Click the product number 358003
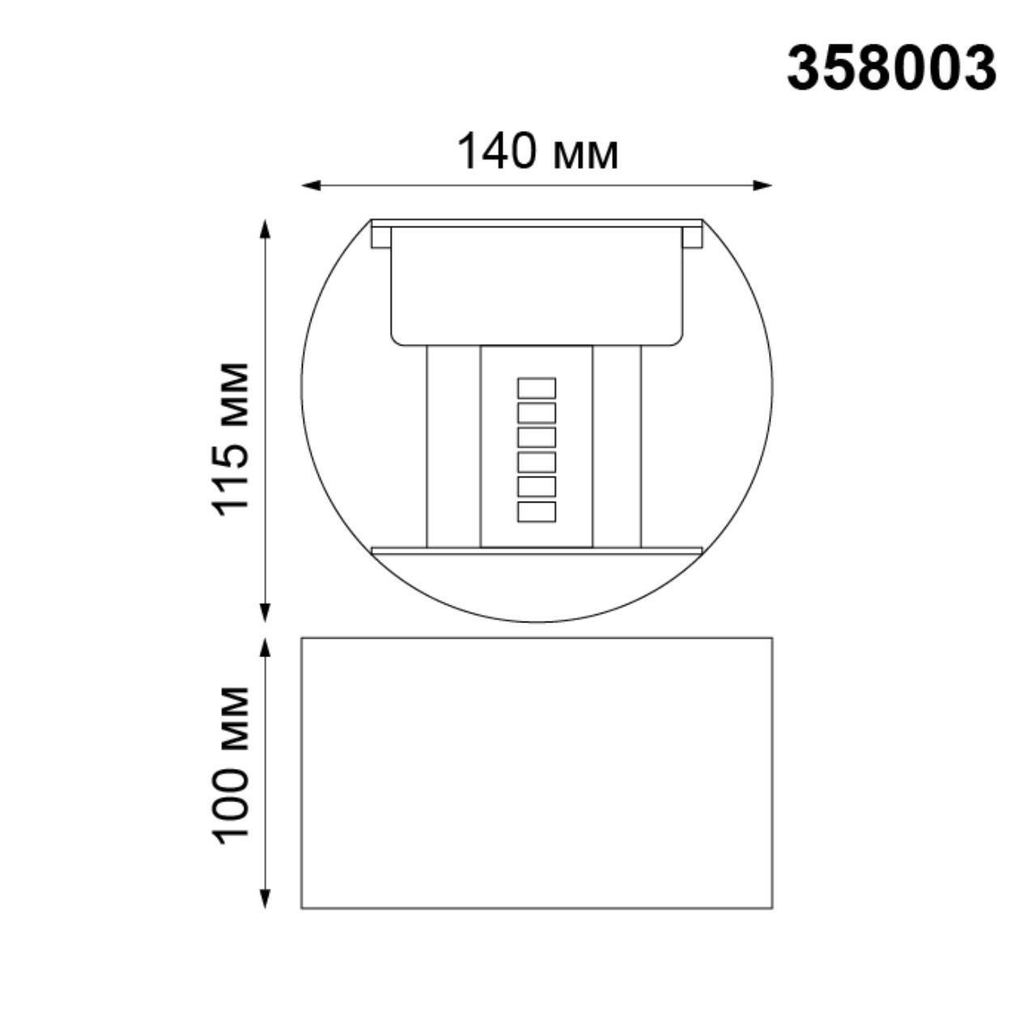(x=891, y=68)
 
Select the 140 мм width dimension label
(x=537, y=151)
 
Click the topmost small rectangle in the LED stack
(x=537, y=388)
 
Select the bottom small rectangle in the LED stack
(x=537, y=512)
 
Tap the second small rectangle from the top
(x=537, y=413)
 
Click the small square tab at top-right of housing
(x=692, y=236)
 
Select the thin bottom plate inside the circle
(x=537, y=550)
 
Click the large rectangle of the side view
(x=537, y=772)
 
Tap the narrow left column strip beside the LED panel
(x=453, y=445)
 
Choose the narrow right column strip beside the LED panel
(x=617, y=445)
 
